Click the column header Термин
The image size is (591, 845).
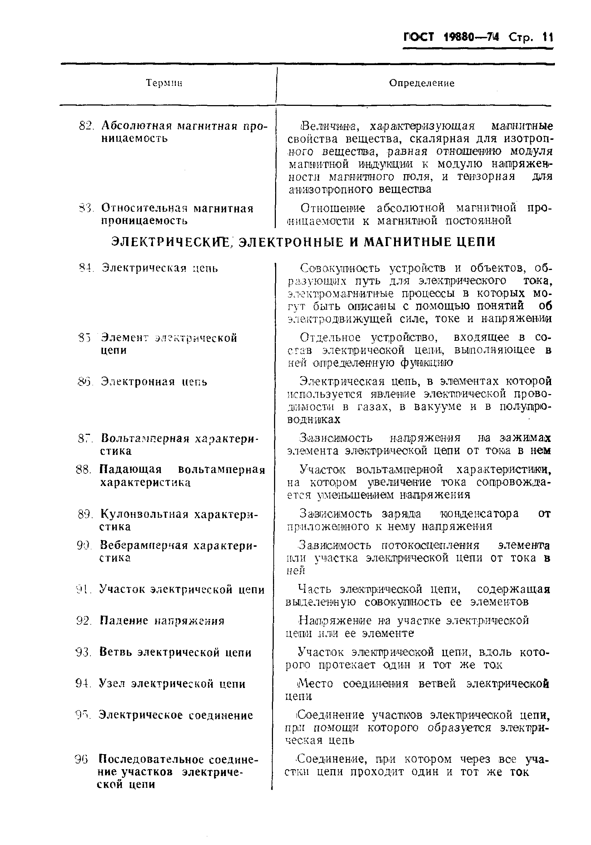[x=164, y=83]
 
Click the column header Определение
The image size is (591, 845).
[x=422, y=83]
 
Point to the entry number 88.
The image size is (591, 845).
[x=83, y=470]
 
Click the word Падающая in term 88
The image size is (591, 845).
[x=130, y=470]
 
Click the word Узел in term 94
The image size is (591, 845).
[x=113, y=684]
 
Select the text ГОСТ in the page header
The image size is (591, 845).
[x=419, y=38]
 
